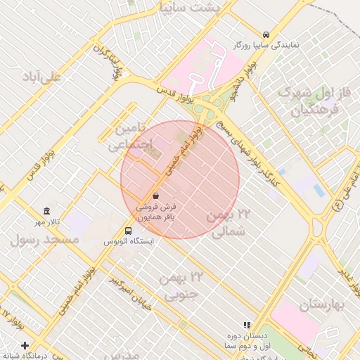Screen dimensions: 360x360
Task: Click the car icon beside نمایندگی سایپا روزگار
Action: pos(266,34)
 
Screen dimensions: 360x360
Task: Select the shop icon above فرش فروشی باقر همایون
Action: pos(155,195)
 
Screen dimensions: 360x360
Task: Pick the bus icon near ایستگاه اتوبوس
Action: pos(128,230)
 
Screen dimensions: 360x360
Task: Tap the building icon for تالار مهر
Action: pos(46,212)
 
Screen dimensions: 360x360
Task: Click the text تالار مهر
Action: pos(46,222)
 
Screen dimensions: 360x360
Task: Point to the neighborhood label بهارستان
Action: pos(324,304)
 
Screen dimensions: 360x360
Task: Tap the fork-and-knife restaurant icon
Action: pos(246,325)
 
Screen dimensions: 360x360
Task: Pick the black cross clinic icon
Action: pos(25,345)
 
